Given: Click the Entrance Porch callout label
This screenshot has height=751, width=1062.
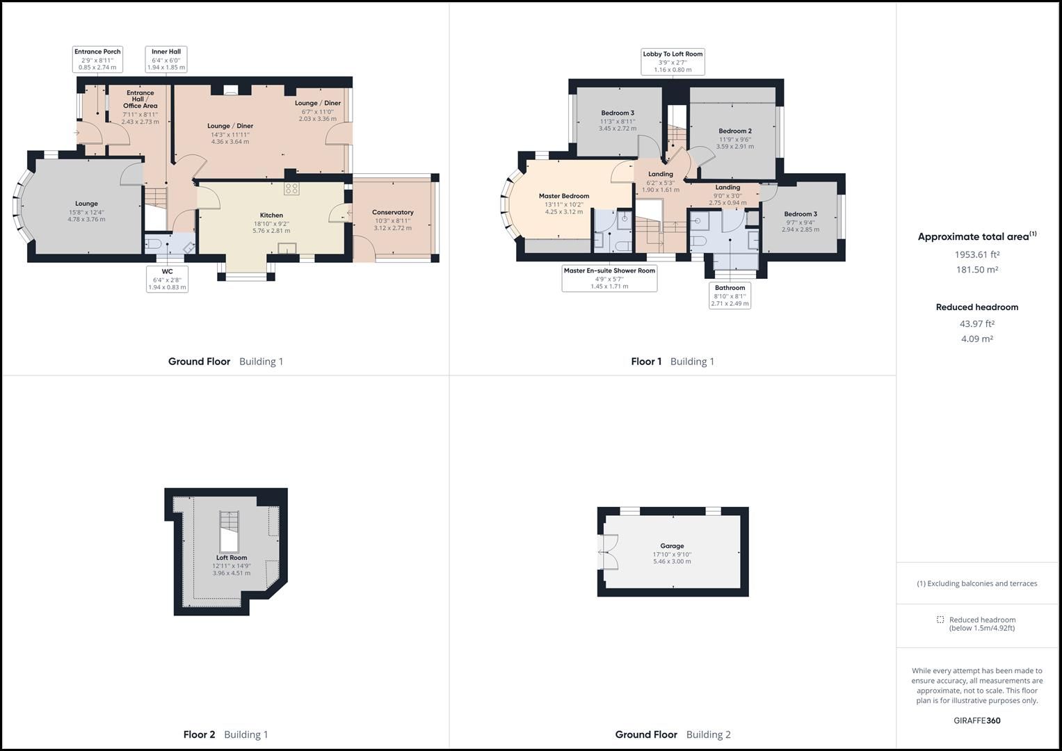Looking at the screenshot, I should pyautogui.click(x=97, y=59).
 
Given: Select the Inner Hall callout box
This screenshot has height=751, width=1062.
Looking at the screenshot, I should pyautogui.click(x=166, y=59).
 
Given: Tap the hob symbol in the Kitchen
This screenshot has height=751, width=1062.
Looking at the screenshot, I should pyautogui.click(x=291, y=188).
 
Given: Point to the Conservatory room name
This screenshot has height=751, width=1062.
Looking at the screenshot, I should pyautogui.click(x=392, y=212).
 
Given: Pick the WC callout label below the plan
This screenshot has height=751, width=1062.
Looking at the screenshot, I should pyautogui.click(x=167, y=279).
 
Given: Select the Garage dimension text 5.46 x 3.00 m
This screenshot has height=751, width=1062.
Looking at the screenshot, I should pyautogui.click(x=672, y=562).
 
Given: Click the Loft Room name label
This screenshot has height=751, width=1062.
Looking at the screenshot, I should pyautogui.click(x=232, y=558).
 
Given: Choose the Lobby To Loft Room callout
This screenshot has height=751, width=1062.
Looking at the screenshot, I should pyautogui.click(x=673, y=61).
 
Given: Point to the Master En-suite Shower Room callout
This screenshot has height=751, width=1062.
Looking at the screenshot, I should pyautogui.click(x=609, y=278).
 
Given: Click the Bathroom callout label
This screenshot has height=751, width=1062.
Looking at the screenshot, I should pyautogui.click(x=730, y=296).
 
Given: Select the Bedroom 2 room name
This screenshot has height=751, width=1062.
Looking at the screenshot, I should pyautogui.click(x=734, y=131).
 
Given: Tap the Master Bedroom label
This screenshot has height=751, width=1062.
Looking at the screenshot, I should pyautogui.click(x=563, y=196).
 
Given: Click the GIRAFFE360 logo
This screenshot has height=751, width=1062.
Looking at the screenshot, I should pyautogui.click(x=976, y=720).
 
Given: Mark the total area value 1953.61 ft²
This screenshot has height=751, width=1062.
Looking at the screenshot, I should pyautogui.click(x=976, y=255).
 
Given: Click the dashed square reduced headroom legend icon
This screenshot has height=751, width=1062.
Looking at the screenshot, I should pyautogui.click(x=940, y=620).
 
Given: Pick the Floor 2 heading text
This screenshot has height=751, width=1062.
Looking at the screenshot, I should pyautogui.click(x=199, y=734).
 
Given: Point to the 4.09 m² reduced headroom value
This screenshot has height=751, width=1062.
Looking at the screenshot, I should pyautogui.click(x=976, y=339).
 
